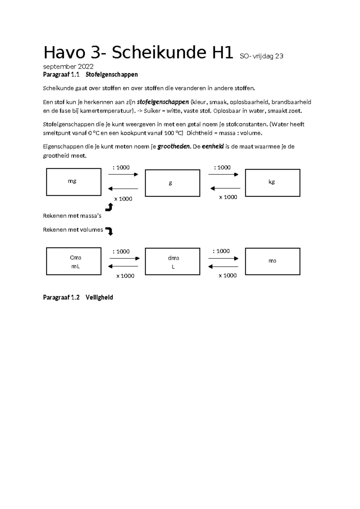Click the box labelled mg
coord(73,182)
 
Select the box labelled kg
coord(272,183)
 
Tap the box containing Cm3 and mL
coord(73,261)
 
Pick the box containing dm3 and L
coord(172,261)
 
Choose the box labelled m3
coord(272,261)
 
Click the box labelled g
coord(172,183)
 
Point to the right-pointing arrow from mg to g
coord(123,175)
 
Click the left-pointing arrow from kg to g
coord(225,188)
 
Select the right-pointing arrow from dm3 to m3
coord(223,258)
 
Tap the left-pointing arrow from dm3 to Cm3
coord(123,266)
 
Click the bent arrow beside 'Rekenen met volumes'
coord(110,231)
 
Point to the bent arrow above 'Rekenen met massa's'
coord(109,207)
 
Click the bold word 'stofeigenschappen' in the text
coord(163,102)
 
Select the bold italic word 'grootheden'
coord(174,146)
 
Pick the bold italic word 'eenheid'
coord(213,146)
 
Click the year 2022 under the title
coord(86,67)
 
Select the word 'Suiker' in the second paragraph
coord(152,111)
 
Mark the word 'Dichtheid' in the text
coord(199,133)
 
